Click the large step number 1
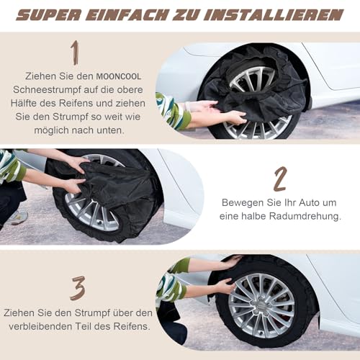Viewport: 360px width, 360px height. pos(75,53)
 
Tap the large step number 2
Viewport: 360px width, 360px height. pos(281,179)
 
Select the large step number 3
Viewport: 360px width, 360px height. pos(77,287)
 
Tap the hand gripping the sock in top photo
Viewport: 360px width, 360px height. pos(233,117)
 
